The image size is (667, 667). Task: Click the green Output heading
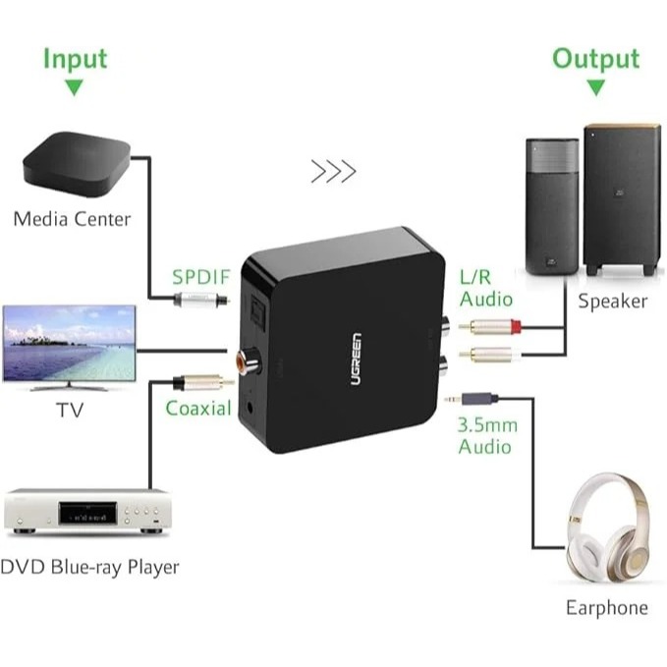(595, 58)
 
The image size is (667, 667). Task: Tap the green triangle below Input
(73, 86)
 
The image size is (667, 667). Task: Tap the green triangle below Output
(595, 86)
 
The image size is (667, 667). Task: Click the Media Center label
(72, 218)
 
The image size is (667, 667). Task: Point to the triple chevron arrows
(333, 172)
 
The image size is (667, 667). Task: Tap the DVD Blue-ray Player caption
(89, 567)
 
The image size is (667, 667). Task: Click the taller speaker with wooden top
(619, 199)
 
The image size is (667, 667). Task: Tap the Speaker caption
(612, 301)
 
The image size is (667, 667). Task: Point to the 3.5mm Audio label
(484, 436)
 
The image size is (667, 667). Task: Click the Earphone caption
(606, 607)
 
